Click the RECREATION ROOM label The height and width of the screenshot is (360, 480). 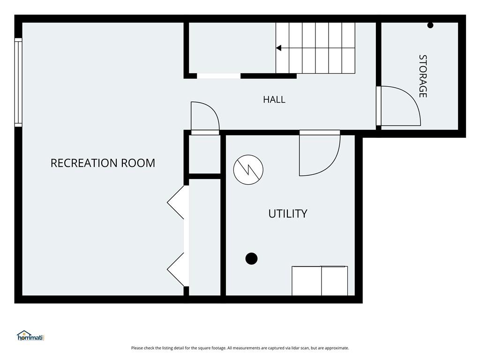(103, 163)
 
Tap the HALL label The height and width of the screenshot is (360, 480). (274, 99)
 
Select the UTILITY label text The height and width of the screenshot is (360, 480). (288, 214)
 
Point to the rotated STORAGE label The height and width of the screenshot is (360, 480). (423, 76)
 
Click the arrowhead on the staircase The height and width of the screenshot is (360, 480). (278, 48)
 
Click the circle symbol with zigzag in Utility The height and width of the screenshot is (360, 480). (248, 170)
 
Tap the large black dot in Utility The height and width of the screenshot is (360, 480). (251, 258)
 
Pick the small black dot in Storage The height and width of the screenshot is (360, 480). (430, 25)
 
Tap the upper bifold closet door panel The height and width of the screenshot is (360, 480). (176, 202)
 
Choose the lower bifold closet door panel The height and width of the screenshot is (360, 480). (176, 270)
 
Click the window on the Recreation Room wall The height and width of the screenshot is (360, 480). (18, 82)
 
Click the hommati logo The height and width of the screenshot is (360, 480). (30, 336)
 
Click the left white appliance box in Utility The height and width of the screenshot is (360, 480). (307, 281)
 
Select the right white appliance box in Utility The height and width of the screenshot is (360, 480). (335, 281)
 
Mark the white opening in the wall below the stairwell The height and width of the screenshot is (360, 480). (218, 76)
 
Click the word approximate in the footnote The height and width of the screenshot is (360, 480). (337, 348)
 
